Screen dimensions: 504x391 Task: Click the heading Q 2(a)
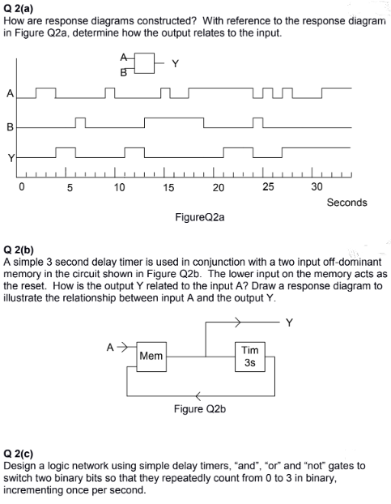click(x=20, y=7)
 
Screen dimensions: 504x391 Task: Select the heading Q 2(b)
click(x=21, y=252)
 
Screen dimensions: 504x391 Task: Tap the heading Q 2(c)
click(x=20, y=455)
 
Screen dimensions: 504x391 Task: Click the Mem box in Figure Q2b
click(x=151, y=356)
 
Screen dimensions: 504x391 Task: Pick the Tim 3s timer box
click(x=250, y=356)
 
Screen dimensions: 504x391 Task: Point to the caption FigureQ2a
click(x=200, y=217)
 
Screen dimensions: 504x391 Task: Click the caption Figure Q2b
click(x=200, y=410)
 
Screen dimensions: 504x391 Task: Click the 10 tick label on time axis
click(x=119, y=187)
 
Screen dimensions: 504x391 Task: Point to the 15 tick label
click(x=168, y=187)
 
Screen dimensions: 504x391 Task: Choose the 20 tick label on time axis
click(x=219, y=187)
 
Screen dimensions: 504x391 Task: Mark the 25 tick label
click(x=268, y=187)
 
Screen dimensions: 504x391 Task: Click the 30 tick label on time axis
click(x=317, y=187)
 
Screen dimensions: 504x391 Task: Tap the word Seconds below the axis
click(x=346, y=203)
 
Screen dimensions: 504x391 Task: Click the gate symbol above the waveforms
click(x=143, y=64)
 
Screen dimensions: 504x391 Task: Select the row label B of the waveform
click(x=10, y=126)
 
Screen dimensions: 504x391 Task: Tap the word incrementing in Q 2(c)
click(x=33, y=490)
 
